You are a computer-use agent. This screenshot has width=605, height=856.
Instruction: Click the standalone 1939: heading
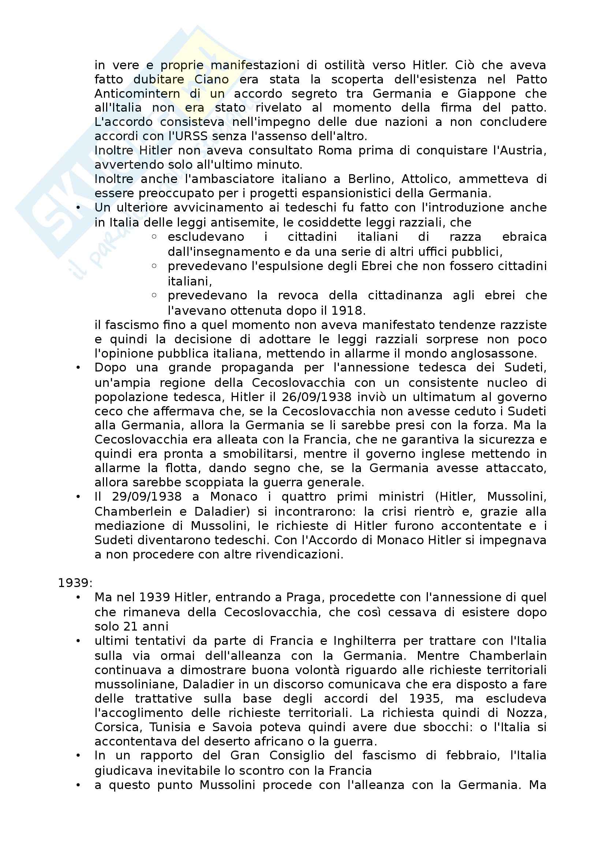point(75,583)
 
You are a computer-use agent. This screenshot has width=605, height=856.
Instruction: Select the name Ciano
point(211,79)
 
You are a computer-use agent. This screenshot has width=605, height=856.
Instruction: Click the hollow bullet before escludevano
point(154,237)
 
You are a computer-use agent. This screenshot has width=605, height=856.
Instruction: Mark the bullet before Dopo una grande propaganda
point(78,367)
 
